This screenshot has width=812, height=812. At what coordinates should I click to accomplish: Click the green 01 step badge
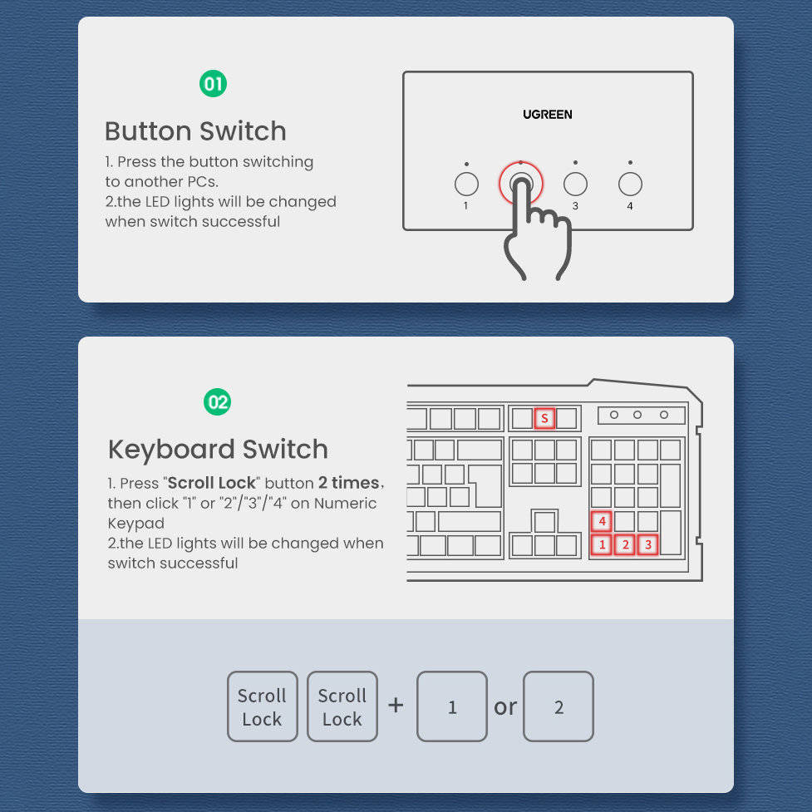click(214, 84)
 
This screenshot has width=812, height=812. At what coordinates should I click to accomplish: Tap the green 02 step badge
click(218, 403)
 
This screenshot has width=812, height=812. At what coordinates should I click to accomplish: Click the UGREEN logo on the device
click(547, 115)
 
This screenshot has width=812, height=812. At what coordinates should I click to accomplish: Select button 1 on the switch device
click(466, 184)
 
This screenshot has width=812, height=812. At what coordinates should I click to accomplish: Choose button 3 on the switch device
click(575, 184)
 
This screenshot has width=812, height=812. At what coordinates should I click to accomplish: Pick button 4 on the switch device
click(630, 184)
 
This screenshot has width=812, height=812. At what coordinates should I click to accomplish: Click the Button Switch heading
click(195, 131)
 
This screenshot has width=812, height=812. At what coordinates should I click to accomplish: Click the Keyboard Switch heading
click(218, 450)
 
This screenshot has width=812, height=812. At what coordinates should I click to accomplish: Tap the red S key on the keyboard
click(544, 418)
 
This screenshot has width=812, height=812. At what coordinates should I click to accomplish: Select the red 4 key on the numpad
click(602, 522)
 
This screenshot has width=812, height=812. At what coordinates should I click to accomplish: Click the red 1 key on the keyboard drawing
click(602, 545)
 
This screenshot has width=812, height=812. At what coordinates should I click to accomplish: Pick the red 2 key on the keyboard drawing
click(625, 545)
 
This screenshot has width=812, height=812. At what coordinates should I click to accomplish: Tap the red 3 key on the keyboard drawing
click(648, 545)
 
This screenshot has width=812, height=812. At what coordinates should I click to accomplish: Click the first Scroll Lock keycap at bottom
click(262, 706)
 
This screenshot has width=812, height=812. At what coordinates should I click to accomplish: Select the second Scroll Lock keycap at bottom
click(342, 706)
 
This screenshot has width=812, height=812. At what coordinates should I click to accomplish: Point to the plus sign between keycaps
click(396, 706)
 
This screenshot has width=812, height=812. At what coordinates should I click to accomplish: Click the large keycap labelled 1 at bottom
click(452, 706)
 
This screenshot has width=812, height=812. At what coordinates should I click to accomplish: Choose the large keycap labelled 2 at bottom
click(559, 706)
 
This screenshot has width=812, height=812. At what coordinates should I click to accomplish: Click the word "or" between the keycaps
click(505, 707)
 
